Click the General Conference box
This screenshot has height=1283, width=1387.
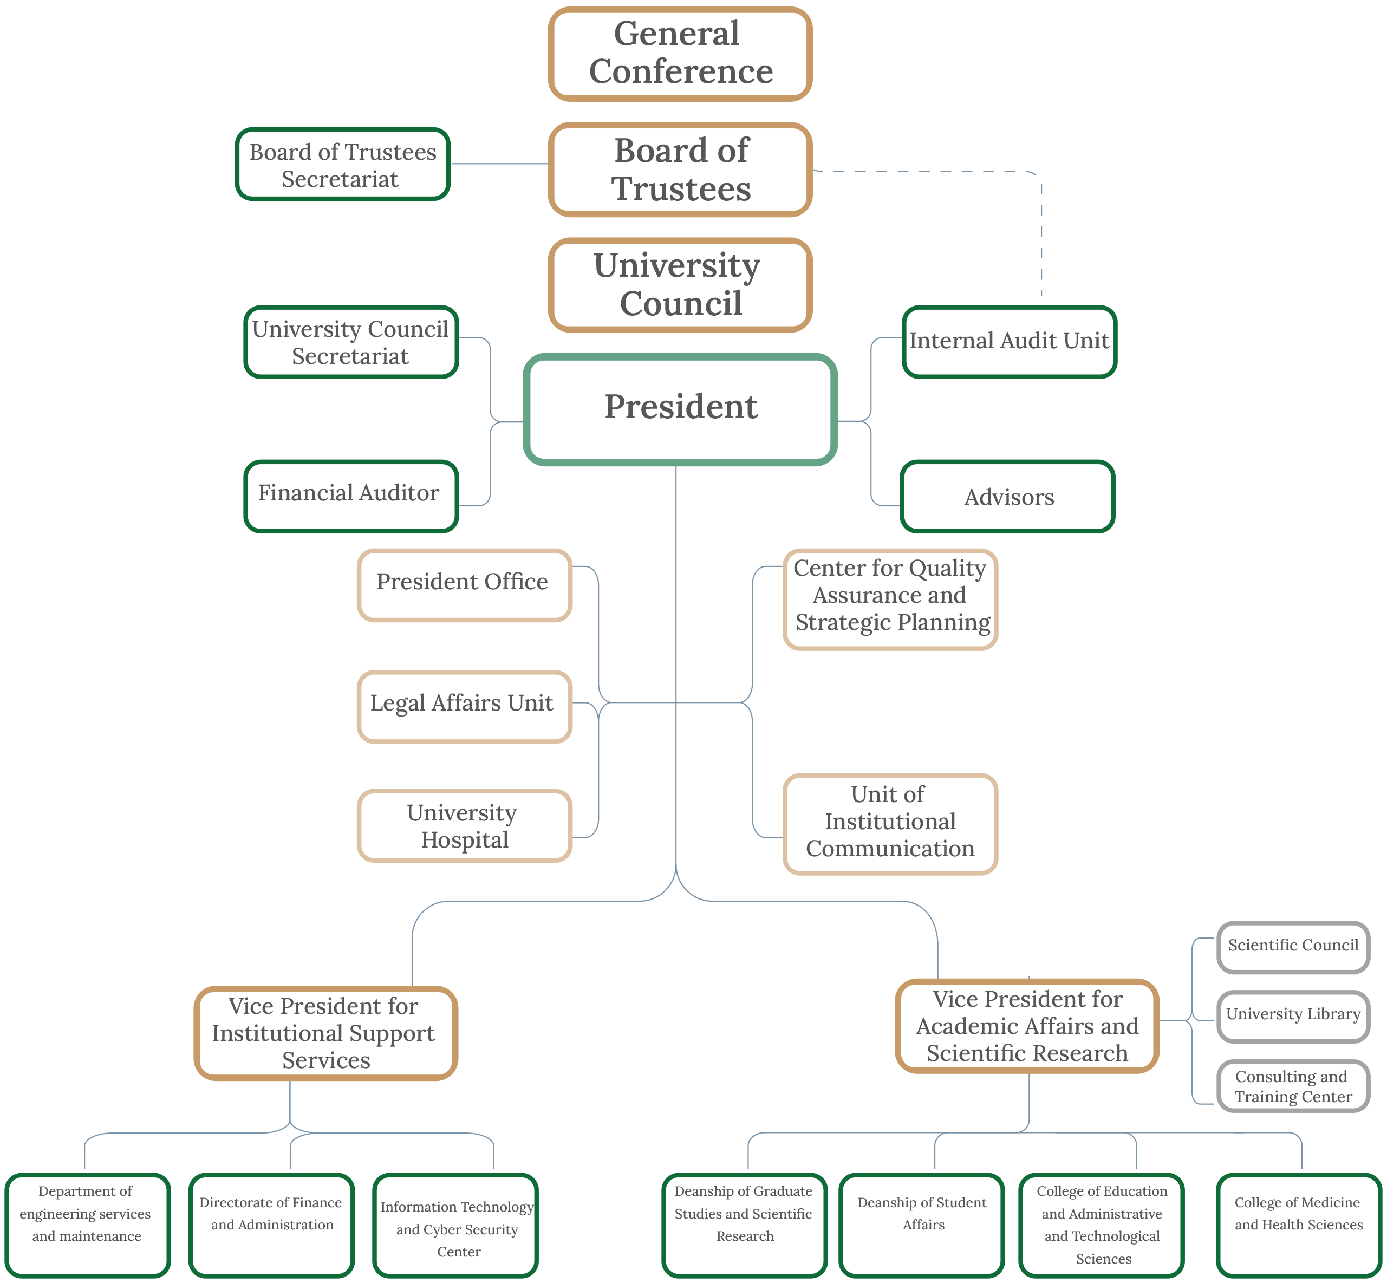coord(680,54)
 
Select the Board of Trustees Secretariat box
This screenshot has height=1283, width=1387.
coord(343,165)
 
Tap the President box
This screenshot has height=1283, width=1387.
coord(680,409)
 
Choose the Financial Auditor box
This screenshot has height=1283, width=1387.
coord(350,496)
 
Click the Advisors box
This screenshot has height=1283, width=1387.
coord(1007,497)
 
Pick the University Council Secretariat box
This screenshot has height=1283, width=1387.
coord(350,342)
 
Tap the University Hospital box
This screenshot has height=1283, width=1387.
coord(464,825)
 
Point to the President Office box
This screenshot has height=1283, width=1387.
coord(464,584)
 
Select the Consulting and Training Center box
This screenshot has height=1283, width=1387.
coord(1293,1086)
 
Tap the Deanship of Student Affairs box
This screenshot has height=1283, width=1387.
coord(922,1225)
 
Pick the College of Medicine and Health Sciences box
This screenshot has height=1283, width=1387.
coord(1298,1225)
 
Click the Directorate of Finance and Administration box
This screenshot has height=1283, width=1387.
coord(271,1225)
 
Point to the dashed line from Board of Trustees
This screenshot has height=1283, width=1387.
coord(1041,229)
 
